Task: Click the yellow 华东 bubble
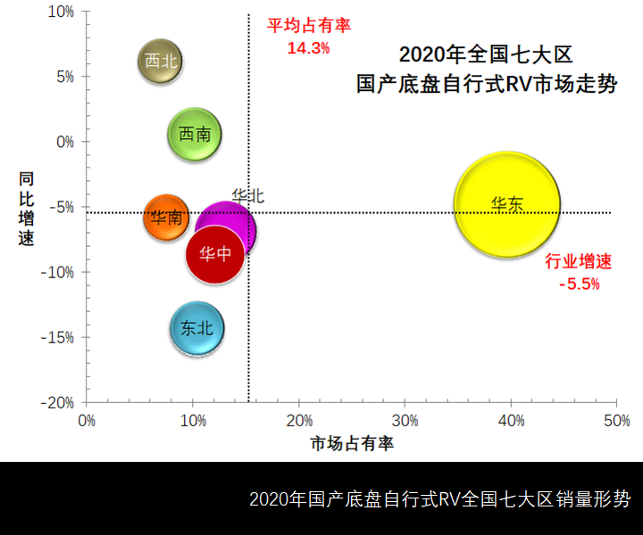(507, 205)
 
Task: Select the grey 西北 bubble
(161, 62)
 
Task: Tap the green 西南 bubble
(195, 135)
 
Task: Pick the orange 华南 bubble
(165, 217)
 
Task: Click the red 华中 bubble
(215, 253)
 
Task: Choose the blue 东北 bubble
(196, 328)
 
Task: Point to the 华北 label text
(247, 195)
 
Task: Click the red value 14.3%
(308, 47)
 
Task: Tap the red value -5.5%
(579, 284)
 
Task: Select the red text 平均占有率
(309, 25)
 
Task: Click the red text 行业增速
(579, 262)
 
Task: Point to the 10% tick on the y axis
(60, 12)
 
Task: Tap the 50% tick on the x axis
(616, 420)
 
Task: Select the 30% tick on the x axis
(405, 420)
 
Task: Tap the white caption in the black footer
(439, 498)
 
